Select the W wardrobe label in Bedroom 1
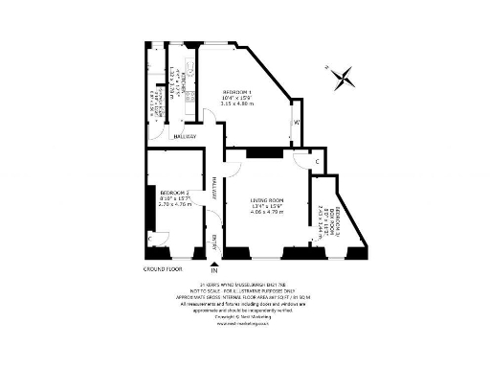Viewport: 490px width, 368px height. (x=297, y=123)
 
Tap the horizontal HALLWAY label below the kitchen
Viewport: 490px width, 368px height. (x=184, y=136)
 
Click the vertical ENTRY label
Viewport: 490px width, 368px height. (x=214, y=239)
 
